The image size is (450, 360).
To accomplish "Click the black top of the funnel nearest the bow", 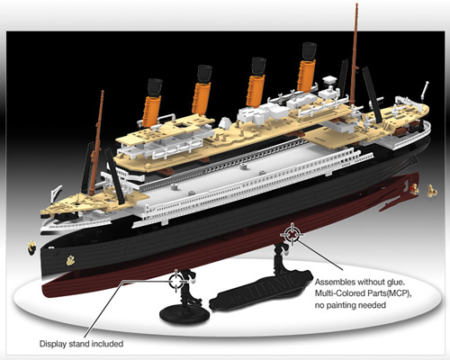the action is coord(155,87).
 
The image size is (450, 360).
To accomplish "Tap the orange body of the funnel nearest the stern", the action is coord(306,76).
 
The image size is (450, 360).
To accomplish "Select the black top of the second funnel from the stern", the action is coord(258,66).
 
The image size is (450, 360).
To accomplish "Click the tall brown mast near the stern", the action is coord(354,55).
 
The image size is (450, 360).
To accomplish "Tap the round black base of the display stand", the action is coord(184,314).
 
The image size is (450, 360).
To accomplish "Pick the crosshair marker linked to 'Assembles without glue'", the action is coord(292,234).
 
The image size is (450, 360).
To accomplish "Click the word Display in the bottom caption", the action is coord(53,344).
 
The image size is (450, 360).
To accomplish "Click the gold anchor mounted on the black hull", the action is coord(70,260).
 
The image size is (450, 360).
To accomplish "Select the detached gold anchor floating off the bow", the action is coord(31,247).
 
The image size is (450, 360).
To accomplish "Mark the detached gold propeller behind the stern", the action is coord(431,190).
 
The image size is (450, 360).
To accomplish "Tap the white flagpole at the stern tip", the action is coord(425,90).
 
